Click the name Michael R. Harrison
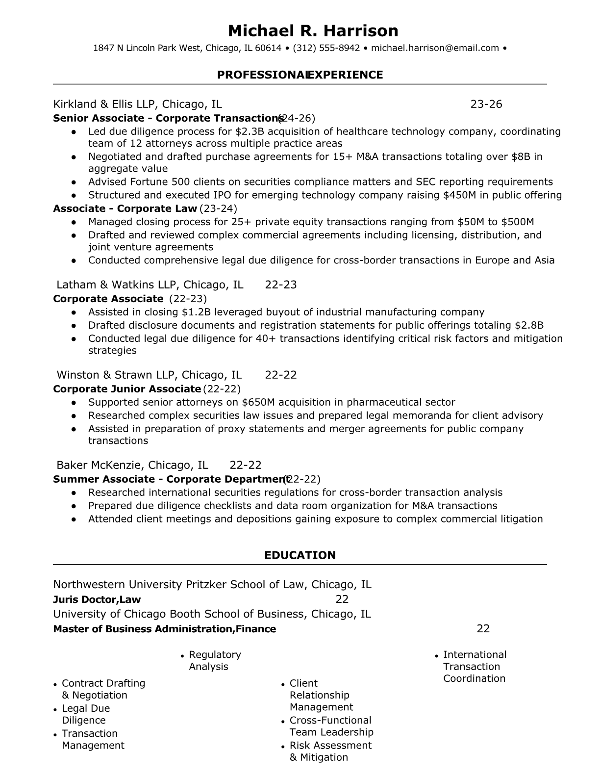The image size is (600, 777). [313, 31]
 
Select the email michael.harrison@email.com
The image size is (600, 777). [435, 48]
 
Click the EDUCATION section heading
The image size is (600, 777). [300, 555]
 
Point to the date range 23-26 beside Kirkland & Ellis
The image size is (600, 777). [486, 104]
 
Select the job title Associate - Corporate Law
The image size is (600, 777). [125, 208]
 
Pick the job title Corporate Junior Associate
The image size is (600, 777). [126, 389]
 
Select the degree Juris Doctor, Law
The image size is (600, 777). [97, 599]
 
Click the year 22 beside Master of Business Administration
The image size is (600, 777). [483, 629]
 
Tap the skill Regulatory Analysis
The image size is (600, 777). [214, 660]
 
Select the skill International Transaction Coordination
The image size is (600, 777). [474, 666]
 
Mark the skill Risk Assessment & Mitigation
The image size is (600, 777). [330, 751]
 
